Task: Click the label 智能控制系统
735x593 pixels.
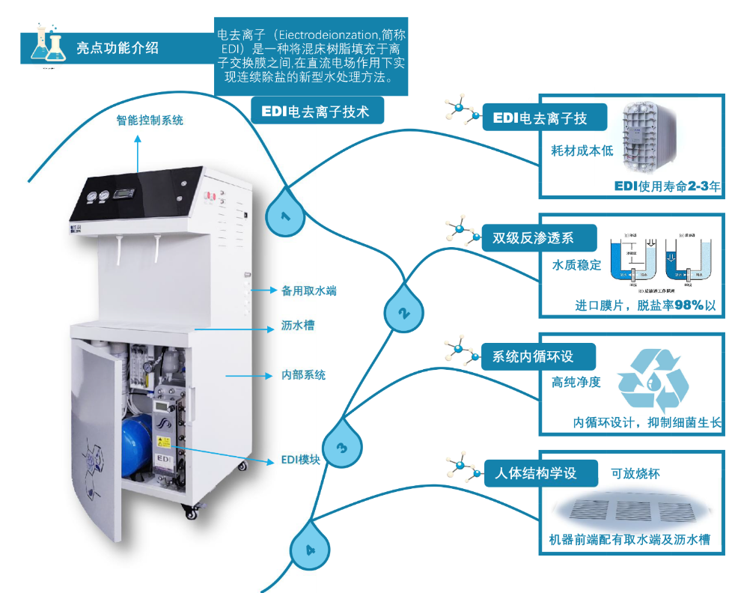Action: click(150, 120)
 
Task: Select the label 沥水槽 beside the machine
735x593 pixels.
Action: click(298, 326)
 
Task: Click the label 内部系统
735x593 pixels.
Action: click(303, 375)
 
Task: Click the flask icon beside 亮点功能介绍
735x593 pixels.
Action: click(47, 45)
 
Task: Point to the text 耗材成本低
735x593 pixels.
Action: click(582, 150)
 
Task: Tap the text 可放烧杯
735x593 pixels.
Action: click(635, 474)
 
